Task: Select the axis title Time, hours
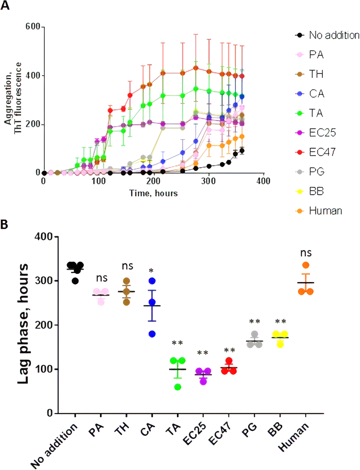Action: click(x=153, y=193)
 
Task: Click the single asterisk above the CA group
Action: click(x=152, y=271)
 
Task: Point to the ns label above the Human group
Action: click(x=306, y=253)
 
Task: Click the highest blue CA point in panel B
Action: click(x=152, y=281)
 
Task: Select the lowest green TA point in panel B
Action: click(x=177, y=387)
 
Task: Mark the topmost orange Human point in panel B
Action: click(x=306, y=265)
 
